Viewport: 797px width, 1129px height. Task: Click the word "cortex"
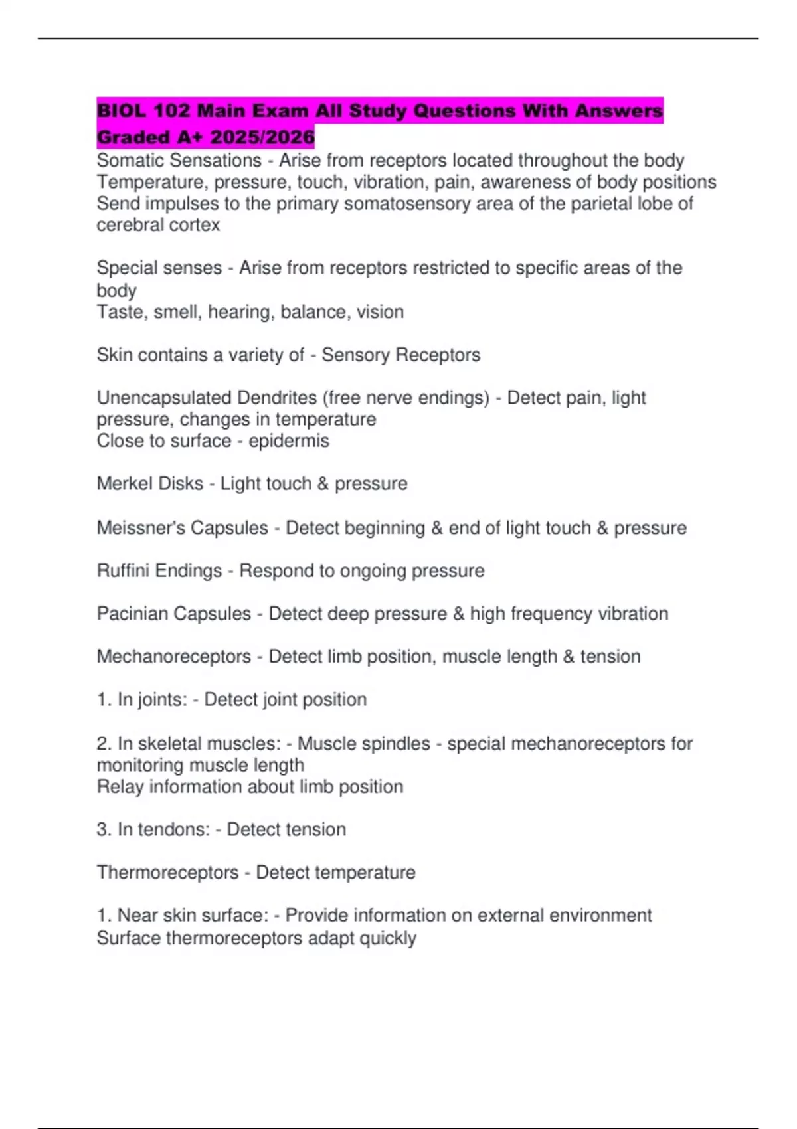(196, 225)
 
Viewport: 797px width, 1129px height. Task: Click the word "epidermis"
(289, 441)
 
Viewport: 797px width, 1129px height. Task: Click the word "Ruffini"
(124, 571)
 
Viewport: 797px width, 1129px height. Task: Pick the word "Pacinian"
(134, 614)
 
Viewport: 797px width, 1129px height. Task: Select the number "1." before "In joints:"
(104, 700)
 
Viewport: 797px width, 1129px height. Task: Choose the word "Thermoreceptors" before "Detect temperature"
(167, 873)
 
